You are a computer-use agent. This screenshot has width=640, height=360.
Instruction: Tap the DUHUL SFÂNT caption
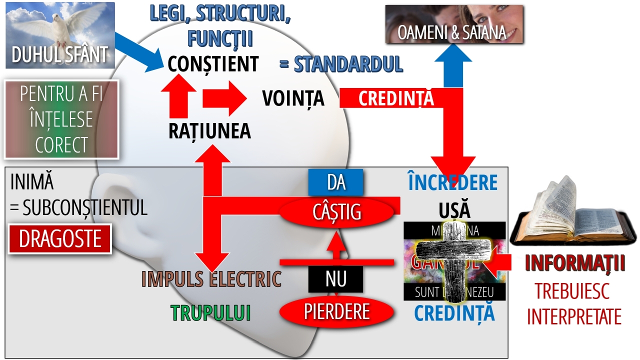click(x=60, y=55)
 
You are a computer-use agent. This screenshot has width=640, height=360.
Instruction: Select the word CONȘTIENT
click(x=213, y=64)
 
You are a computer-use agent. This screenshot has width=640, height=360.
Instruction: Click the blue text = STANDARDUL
click(x=341, y=64)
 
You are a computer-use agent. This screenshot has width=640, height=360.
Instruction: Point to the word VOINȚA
click(x=293, y=99)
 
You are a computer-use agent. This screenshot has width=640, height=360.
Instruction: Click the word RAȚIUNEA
click(x=209, y=131)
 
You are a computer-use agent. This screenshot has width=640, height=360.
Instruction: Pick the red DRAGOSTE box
click(x=60, y=239)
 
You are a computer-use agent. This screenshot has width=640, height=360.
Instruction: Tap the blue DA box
click(x=335, y=182)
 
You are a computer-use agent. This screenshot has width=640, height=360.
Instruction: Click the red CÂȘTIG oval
click(x=336, y=212)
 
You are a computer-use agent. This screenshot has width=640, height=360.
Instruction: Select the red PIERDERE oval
click(x=336, y=311)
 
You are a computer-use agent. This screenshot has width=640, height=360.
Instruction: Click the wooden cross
click(x=455, y=262)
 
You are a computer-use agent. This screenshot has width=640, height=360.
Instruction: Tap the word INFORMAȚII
click(x=575, y=264)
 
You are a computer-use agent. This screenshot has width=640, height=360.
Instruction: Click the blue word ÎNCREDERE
click(x=453, y=183)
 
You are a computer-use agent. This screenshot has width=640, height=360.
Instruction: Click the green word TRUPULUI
click(x=210, y=312)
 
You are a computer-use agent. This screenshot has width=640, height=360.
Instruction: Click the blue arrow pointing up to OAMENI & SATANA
click(x=453, y=65)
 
